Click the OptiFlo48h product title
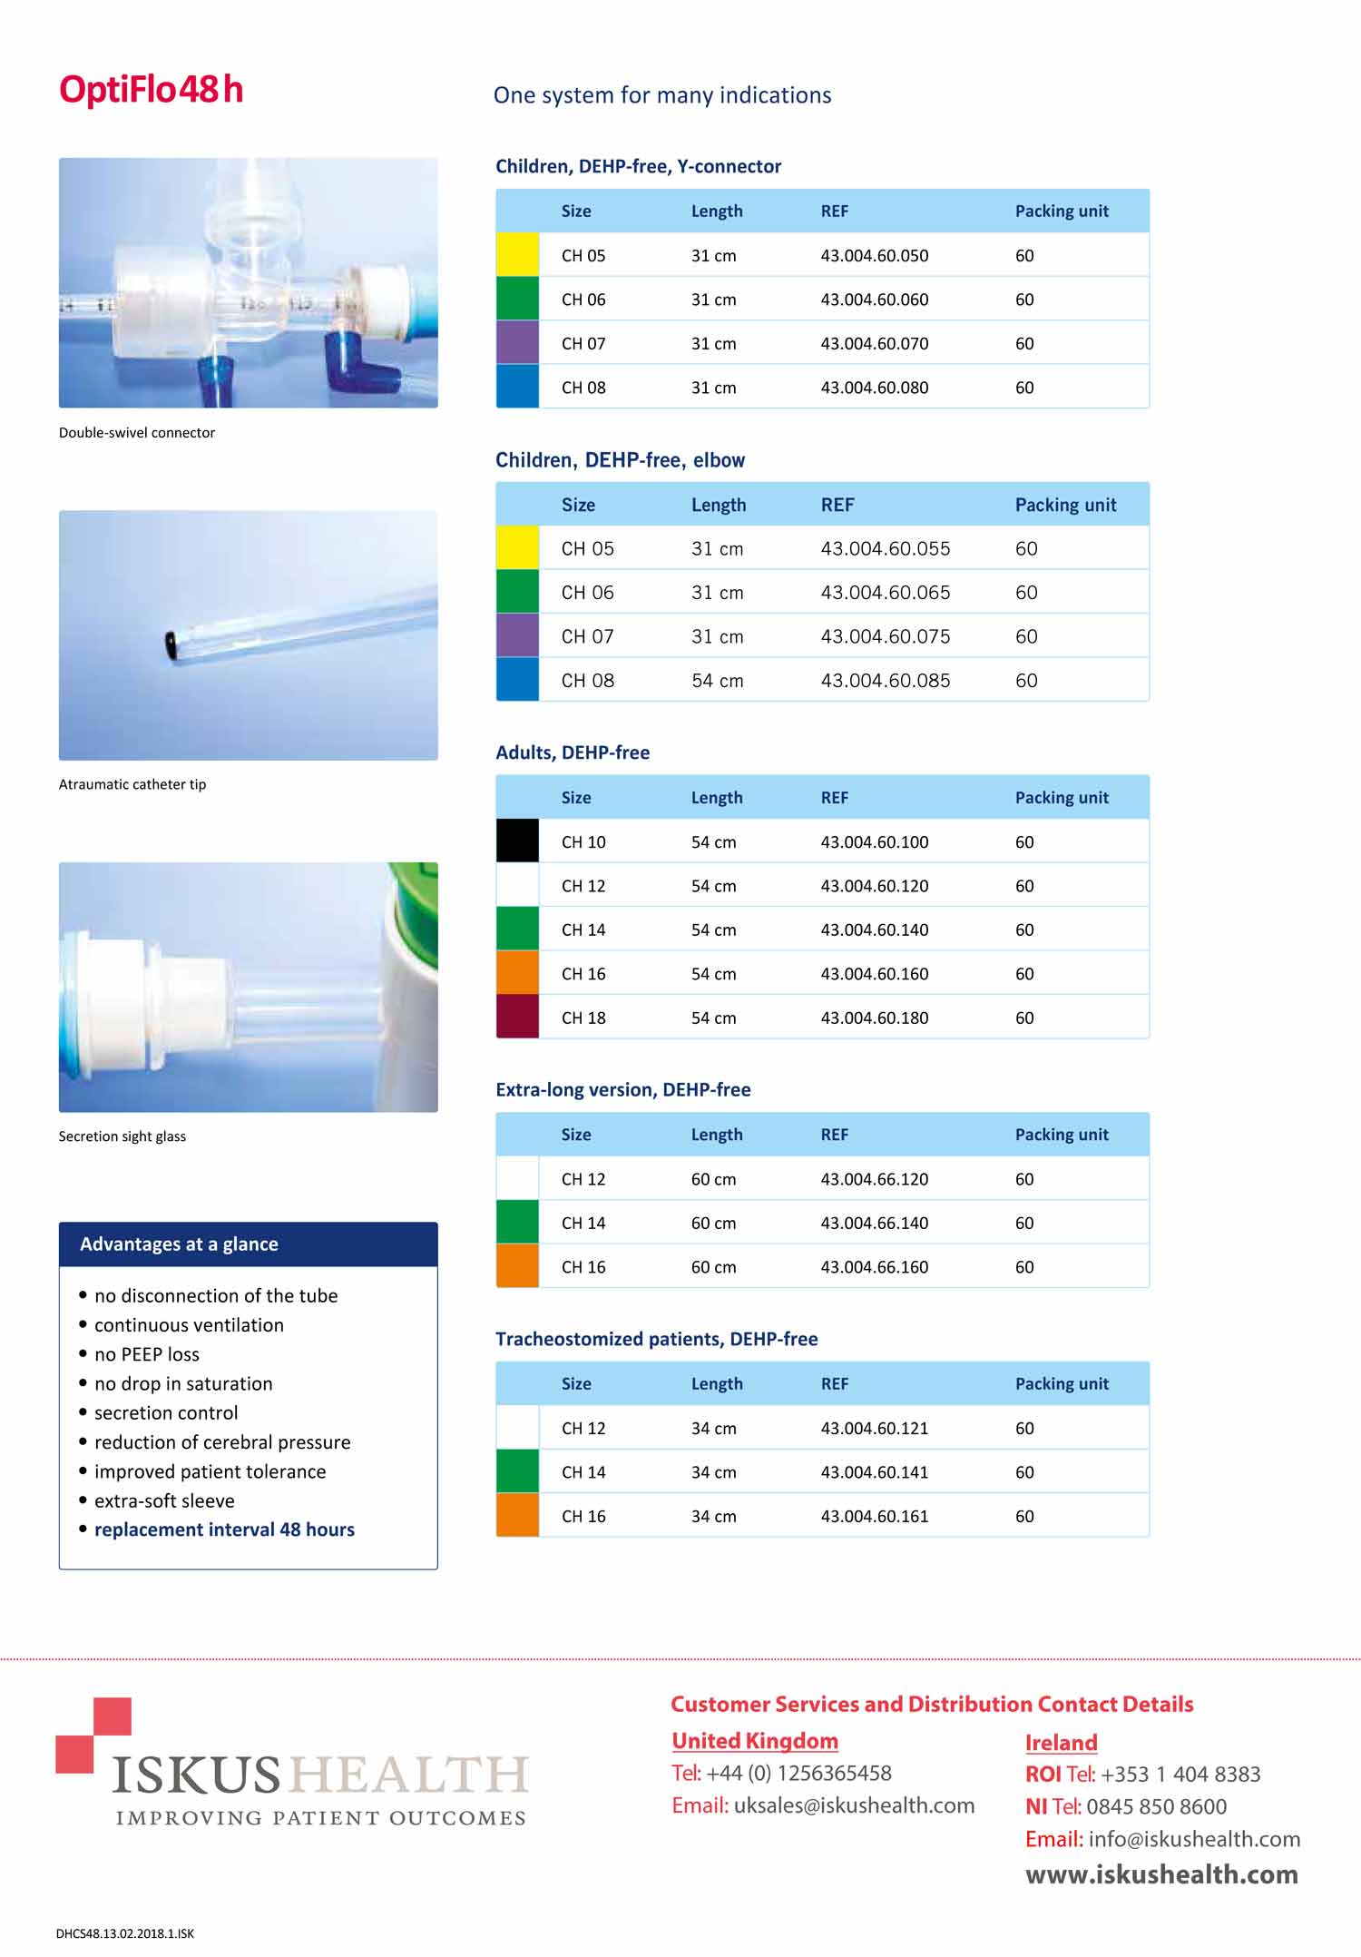pyautogui.click(x=151, y=90)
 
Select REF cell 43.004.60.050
pyautogui.click(x=874, y=256)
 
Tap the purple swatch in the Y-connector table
pyautogui.click(x=517, y=343)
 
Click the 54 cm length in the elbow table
pyautogui.click(x=717, y=681)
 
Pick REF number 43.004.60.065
pyautogui.click(x=885, y=593)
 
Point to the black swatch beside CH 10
pyautogui.click(x=517, y=841)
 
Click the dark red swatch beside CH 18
pyautogui.click(x=517, y=1018)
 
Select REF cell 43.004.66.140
pyautogui.click(x=874, y=1224)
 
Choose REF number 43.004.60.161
pyautogui.click(x=874, y=1517)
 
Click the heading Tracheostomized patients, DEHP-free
pyautogui.click(x=656, y=1339)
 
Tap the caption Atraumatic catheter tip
pyautogui.click(x=132, y=784)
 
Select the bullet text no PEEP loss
pyautogui.click(x=146, y=1354)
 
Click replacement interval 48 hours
pyautogui.click(x=224, y=1529)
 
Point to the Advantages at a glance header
pyautogui.click(x=179, y=1244)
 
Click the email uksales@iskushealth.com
pyautogui.click(x=854, y=1805)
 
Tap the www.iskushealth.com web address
pyautogui.click(x=1161, y=1874)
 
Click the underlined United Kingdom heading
pyautogui.click(x=755, y=1741)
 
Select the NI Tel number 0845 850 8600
pyautogui.click(x=1156, y=1806)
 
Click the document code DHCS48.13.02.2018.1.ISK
pyautogui.click(x=125, y=1933)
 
